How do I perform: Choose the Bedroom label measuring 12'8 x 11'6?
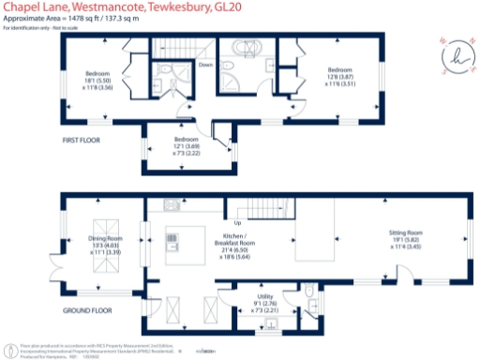(x=338, y=75)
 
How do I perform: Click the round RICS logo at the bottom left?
(x=10, y=349)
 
